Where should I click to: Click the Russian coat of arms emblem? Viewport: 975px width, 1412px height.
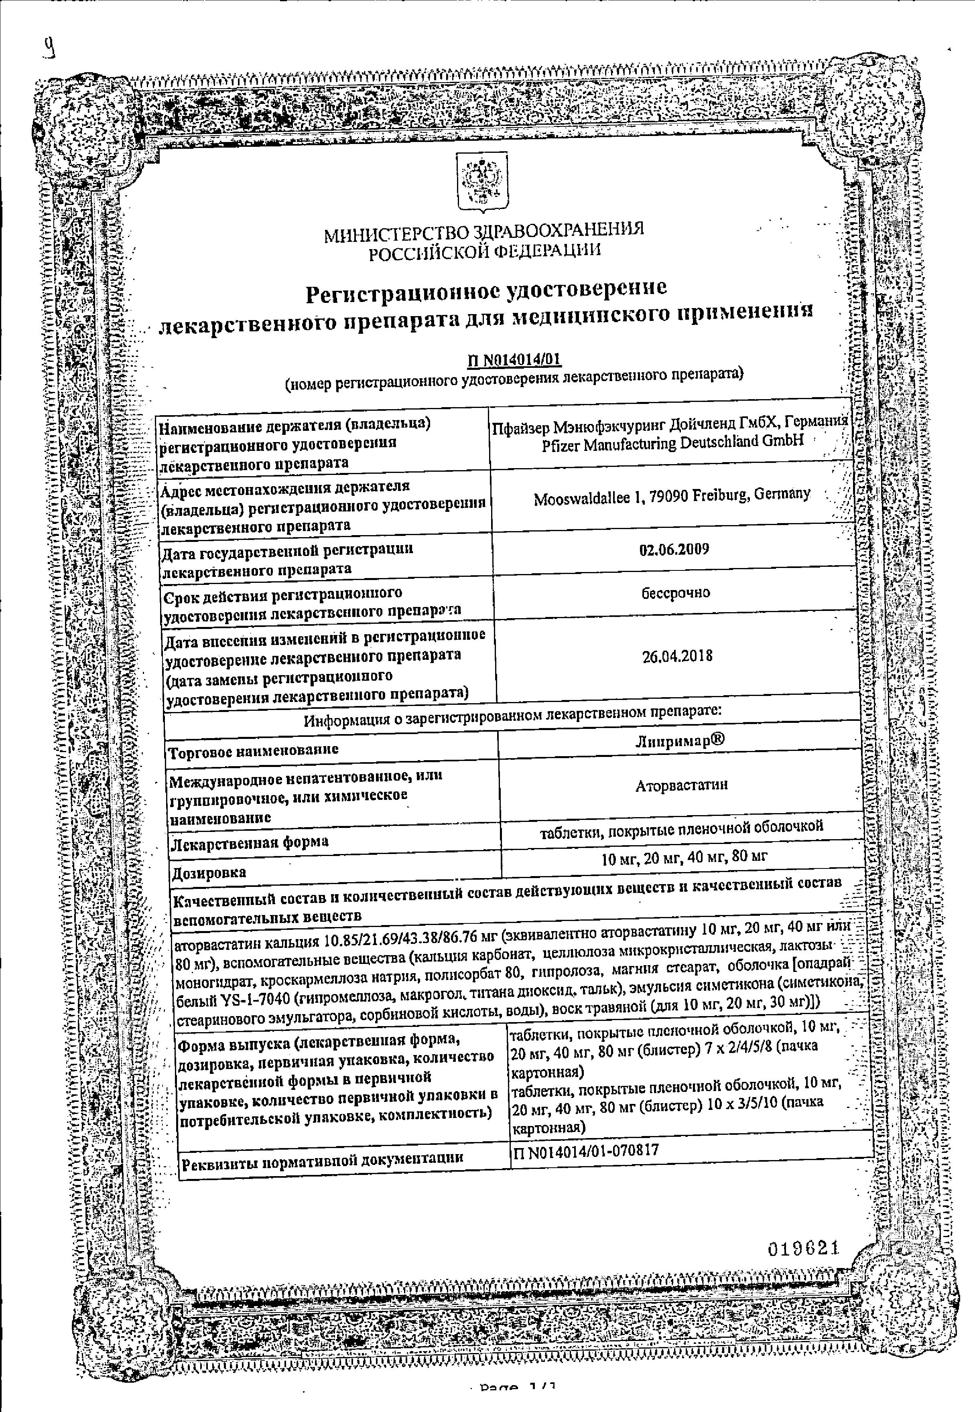pyautogui.click(x=483, y=183)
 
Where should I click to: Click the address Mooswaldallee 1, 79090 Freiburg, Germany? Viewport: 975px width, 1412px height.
pyautogui.click(x=672, y=497)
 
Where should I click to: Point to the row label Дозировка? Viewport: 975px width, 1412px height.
pyautogui.click(x=209, y=873)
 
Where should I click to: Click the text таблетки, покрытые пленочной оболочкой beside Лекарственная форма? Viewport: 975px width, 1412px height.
pyautogui.click(x=682, y=828)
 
